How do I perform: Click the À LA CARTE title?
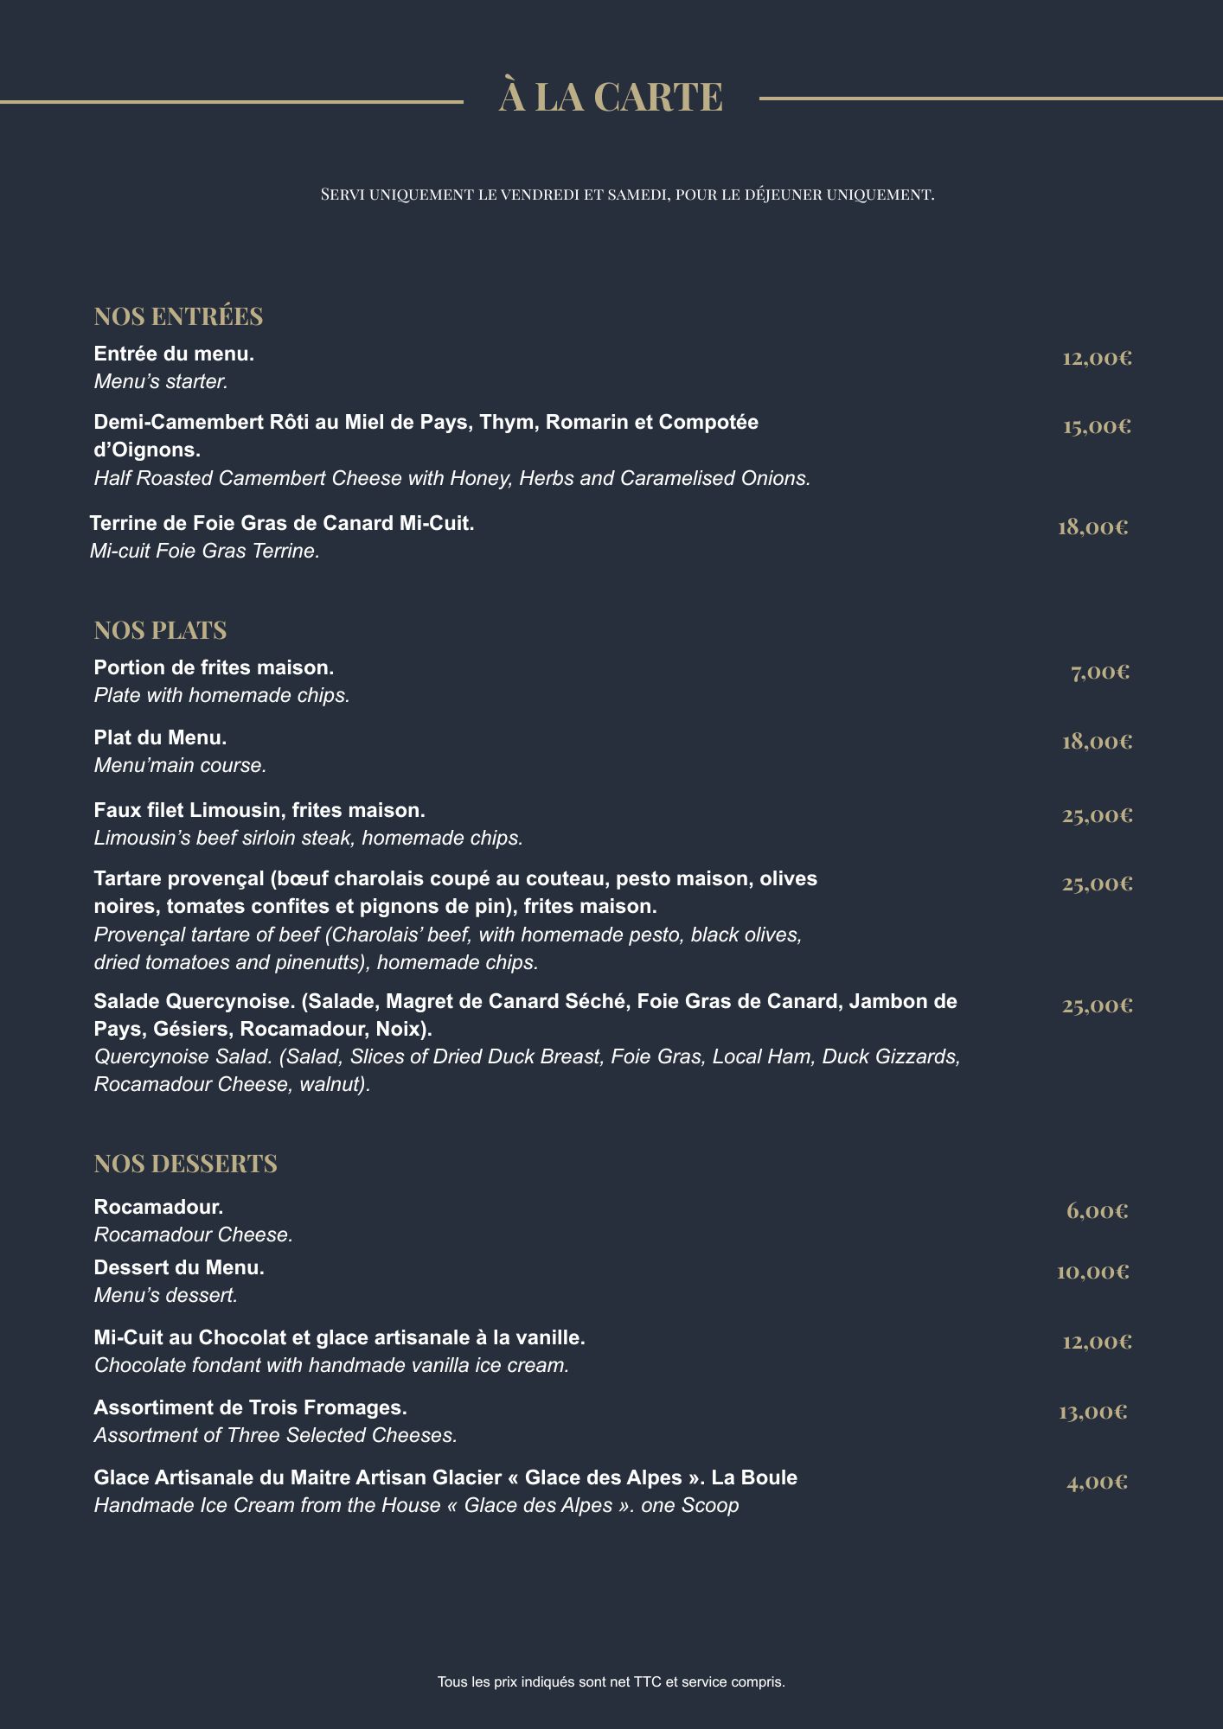[611, 97]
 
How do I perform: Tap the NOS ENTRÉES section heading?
[178, 316]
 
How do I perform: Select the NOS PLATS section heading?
[160, 630]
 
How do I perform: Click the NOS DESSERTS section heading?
[185, 1164]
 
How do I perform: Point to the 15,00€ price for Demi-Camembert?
[1097, 426]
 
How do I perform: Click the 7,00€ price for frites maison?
[1100, 672]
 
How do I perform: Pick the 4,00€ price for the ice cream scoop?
[1097, 1483]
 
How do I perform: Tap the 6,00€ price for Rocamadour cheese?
[1097, 1211]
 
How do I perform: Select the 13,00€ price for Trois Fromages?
[1093, 1413]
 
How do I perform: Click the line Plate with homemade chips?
[221, 696]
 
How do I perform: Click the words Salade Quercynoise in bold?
[195, 1002]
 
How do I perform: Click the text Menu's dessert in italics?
[165, 1296]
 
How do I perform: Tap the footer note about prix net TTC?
[611, 1682]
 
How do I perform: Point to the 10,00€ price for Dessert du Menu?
[1092, 1272]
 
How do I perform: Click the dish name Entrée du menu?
[174, 354]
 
